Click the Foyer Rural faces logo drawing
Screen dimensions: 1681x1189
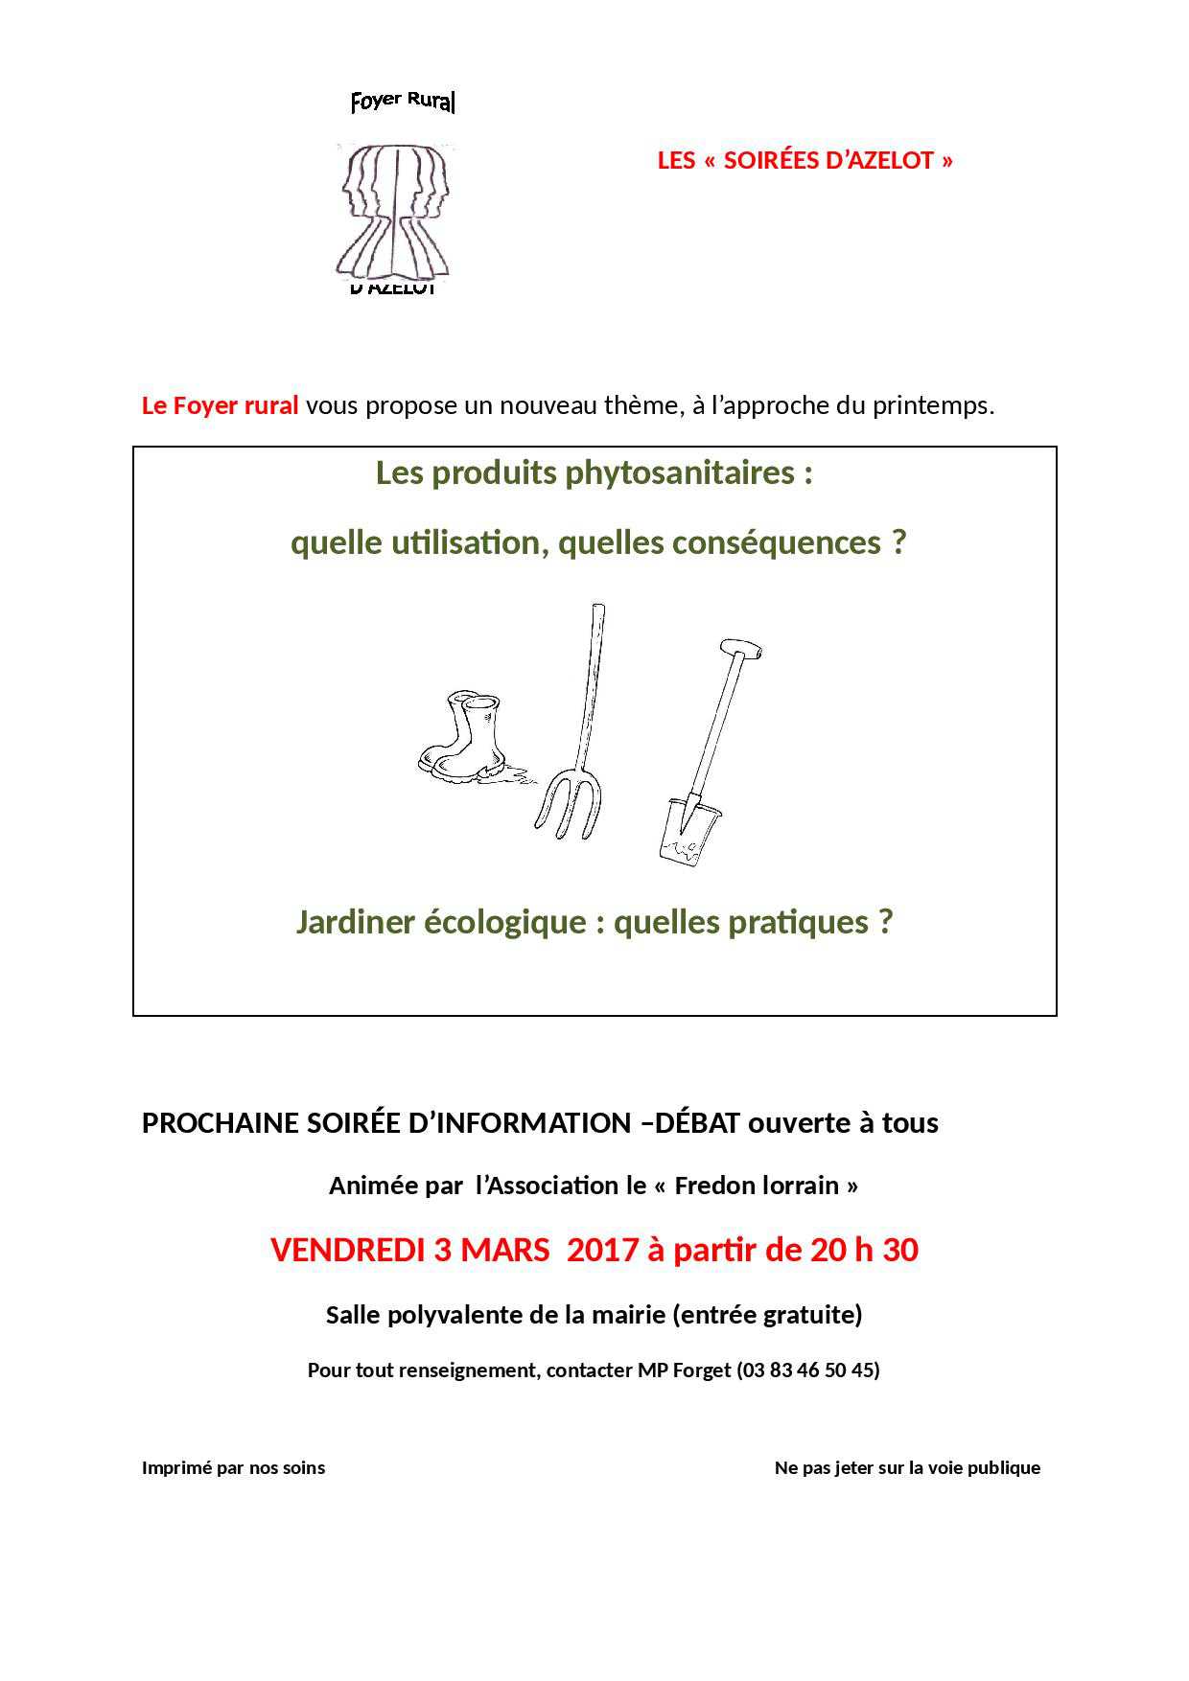pyautogui.click(x=394, y=210)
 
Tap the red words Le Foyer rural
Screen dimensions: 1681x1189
pyautogui.click(x=220, y=405)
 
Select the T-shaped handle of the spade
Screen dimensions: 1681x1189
pyautogui.click(x=741, y=649)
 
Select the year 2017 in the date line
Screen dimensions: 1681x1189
pyautogui.click(x=602, y=1251)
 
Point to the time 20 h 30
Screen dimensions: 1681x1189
pyautogui.click(x=864, y=1251)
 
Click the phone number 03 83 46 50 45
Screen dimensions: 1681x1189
pyautogui.click(x=807, y=1370)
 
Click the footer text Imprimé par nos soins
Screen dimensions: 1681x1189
pyautogui.click(x=233, y=1468)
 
